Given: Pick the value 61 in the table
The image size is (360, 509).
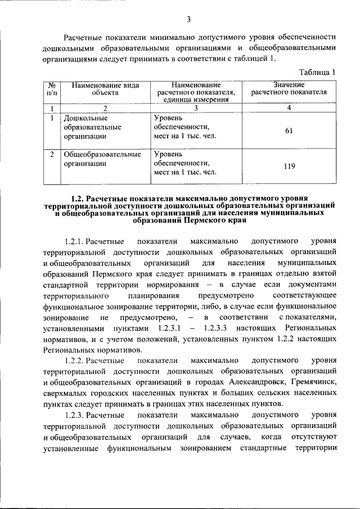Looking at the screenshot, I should pyautogui.click(x=289, y=131).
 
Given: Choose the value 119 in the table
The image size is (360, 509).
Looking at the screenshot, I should pyautogui.click(x=289, y=166).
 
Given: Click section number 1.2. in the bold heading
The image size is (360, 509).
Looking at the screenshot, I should pyautogui.click(x=80, y=199).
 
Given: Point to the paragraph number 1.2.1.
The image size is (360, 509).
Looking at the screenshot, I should pyautogui.click(x=78, y=241).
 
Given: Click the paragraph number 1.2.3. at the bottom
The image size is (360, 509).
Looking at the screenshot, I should pyautogui.click(x=78, y=415).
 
